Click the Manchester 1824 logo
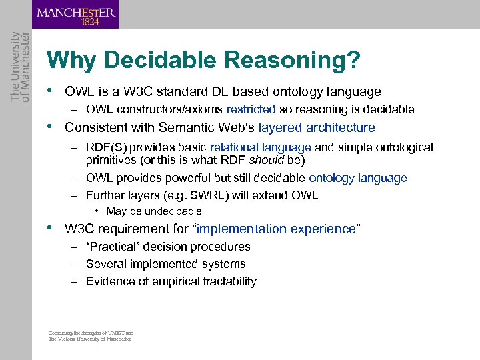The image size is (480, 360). tap(76, 15)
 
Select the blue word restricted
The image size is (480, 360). tap(251, 109)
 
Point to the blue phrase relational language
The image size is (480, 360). tap(261, 147)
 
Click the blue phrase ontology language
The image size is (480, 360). tap(357, 178)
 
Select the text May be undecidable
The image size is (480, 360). tap(154, 211)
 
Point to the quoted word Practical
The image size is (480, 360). tap(112, 247)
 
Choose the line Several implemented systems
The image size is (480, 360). tap(165, 264)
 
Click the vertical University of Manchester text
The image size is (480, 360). tap(15, 67)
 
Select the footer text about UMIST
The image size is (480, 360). tap(91, 335)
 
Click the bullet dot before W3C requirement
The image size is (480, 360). tap(51, 228)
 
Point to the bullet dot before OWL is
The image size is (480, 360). tap(51, 91)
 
